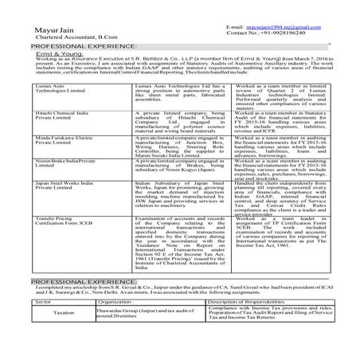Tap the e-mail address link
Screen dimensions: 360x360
coord(283,25)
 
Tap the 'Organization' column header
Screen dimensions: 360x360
coord(114,325)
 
